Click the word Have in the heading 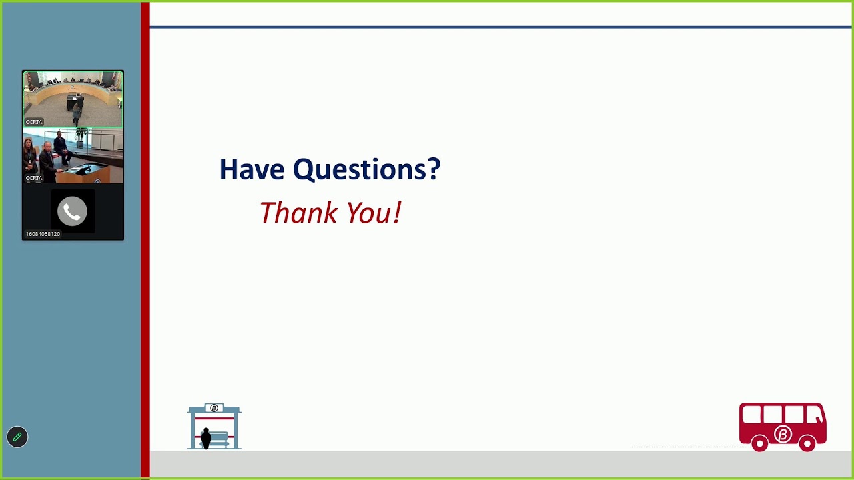252,169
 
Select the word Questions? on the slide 366,170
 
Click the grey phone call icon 72,212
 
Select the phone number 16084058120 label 43,234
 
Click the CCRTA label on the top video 34,122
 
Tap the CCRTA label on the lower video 34,178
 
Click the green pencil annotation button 17,437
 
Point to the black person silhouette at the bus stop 205,438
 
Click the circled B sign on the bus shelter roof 214,408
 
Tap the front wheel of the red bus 807,443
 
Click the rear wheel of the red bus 759,443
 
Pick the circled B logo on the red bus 783,435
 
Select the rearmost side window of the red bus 751,415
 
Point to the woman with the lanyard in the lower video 29,159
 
